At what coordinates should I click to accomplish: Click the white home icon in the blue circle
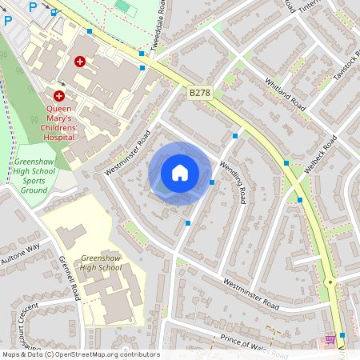click(x=180, y=173)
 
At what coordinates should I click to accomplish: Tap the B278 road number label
click(x=200, y=94)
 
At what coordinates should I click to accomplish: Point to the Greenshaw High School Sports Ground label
click(x=34, y=176)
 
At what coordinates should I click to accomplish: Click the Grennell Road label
click(x=70, y=278)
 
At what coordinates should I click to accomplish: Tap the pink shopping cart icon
click(x=330, y=339)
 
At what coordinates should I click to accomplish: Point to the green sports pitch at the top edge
click(x=122, y=5)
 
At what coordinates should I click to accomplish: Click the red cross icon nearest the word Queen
click(x=59, y=94)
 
